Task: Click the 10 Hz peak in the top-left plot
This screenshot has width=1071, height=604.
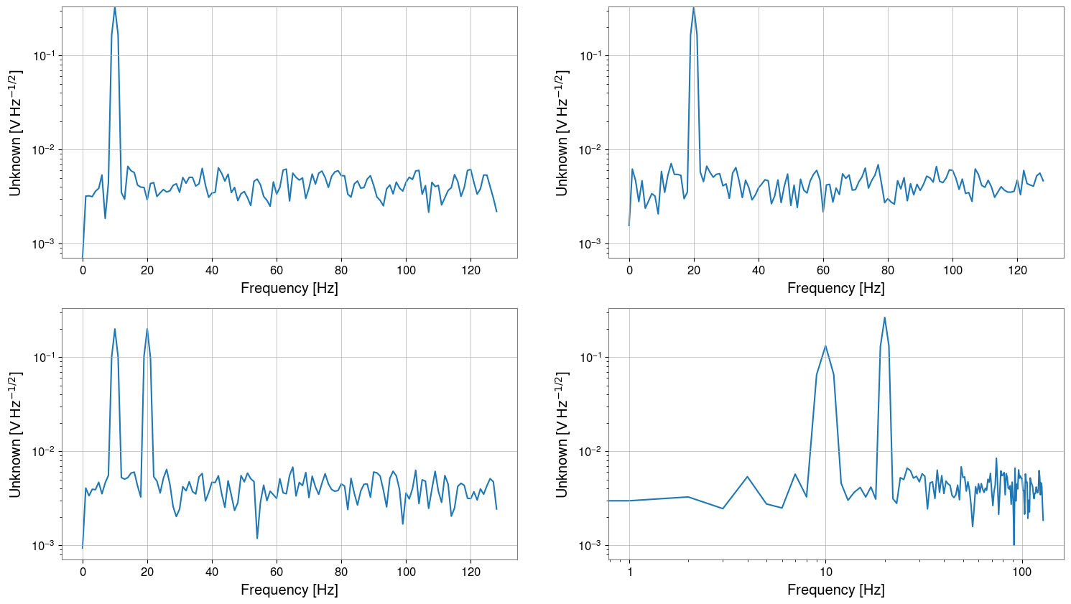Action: [115, 9]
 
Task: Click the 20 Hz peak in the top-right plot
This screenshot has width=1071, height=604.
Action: [694, 9]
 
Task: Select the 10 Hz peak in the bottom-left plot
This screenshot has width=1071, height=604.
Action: [115, 330]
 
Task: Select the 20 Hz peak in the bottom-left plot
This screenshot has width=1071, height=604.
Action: [147, 330]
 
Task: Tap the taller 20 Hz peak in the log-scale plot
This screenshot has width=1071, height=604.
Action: [885, 318]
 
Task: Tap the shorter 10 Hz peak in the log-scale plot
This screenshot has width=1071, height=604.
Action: [826, 346]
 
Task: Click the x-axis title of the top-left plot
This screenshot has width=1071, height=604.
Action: [289, 288]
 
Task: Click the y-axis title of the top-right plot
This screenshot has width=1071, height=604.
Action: [562, 133]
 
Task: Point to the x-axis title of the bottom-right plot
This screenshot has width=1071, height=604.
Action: [835, 590]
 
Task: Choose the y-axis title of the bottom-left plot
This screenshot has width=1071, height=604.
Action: [15, 435]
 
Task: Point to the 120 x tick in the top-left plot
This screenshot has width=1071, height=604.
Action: [470, 270]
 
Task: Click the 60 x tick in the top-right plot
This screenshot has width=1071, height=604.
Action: [823, 270]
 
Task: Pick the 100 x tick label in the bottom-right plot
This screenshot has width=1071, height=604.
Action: [1021, 572]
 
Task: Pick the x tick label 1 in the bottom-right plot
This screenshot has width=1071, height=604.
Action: [630, 572]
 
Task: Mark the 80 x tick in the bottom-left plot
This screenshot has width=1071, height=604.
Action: [341, 572]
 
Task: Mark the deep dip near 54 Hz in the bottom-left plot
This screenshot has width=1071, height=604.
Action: [257, 538]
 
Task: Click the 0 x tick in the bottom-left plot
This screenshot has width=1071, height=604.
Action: [83, 572]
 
